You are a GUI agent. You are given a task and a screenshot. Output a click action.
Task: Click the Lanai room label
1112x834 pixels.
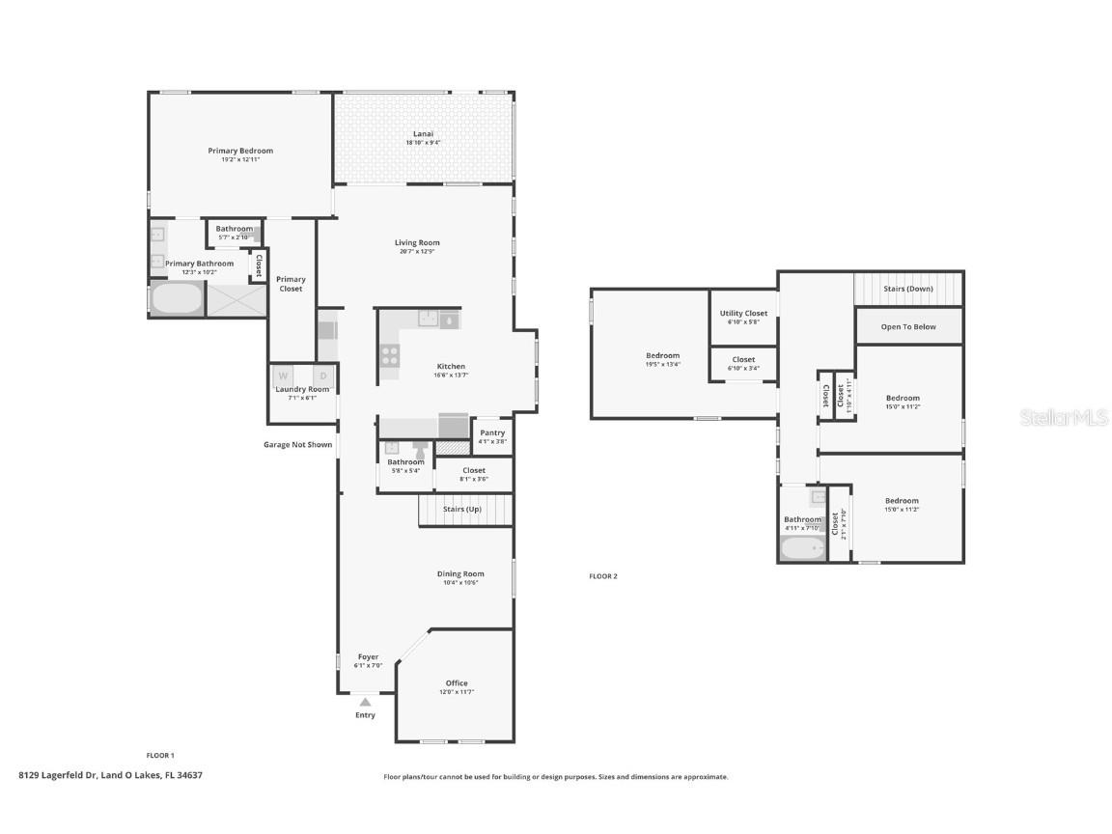(x=423, y=133)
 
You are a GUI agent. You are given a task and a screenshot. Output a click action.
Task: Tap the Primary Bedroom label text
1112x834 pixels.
(x=240, y=151)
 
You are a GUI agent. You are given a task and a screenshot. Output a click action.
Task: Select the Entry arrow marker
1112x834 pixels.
(x=365, y=702)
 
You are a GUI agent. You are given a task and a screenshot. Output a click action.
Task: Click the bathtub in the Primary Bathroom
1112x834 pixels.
(x=177, y=298)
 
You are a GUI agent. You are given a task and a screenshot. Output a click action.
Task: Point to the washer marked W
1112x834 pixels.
(x=284, y=375)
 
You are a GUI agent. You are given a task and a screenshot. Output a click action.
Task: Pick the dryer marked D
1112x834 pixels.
(x=324, y=375)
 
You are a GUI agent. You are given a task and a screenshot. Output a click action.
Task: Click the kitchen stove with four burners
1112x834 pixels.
(x=390, y=355)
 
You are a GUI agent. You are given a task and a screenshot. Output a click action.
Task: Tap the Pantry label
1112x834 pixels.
(x=492, y=432)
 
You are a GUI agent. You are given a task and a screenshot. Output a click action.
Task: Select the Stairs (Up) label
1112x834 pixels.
(x=461, y=509)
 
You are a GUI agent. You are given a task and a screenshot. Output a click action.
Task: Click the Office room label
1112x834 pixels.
(x=457, y=683)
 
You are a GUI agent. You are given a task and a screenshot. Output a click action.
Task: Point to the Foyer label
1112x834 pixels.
(x=368, y=656)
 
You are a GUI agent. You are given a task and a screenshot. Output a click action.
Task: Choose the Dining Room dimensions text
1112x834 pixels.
(x=460, y=583)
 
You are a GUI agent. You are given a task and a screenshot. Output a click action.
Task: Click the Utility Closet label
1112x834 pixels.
(x=743, y=313)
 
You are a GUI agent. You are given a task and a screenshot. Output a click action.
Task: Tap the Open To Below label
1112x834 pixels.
(x=908, y=327)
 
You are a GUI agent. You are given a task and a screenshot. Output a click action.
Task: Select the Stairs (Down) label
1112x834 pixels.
(x=908, y=289)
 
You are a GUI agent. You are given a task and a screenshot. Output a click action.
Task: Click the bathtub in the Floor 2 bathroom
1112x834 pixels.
(x=802, y=548)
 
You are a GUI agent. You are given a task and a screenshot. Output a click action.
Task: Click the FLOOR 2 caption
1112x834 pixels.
(x=603, y=576)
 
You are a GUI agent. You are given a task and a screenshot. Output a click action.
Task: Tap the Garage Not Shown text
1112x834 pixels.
(x=297, y=445)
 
